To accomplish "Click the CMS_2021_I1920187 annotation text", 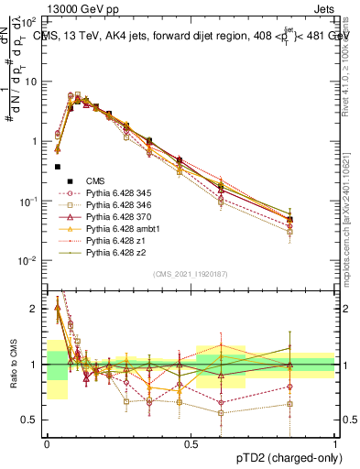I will tap(191, 274).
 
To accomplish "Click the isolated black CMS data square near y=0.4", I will tap(58, 167).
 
